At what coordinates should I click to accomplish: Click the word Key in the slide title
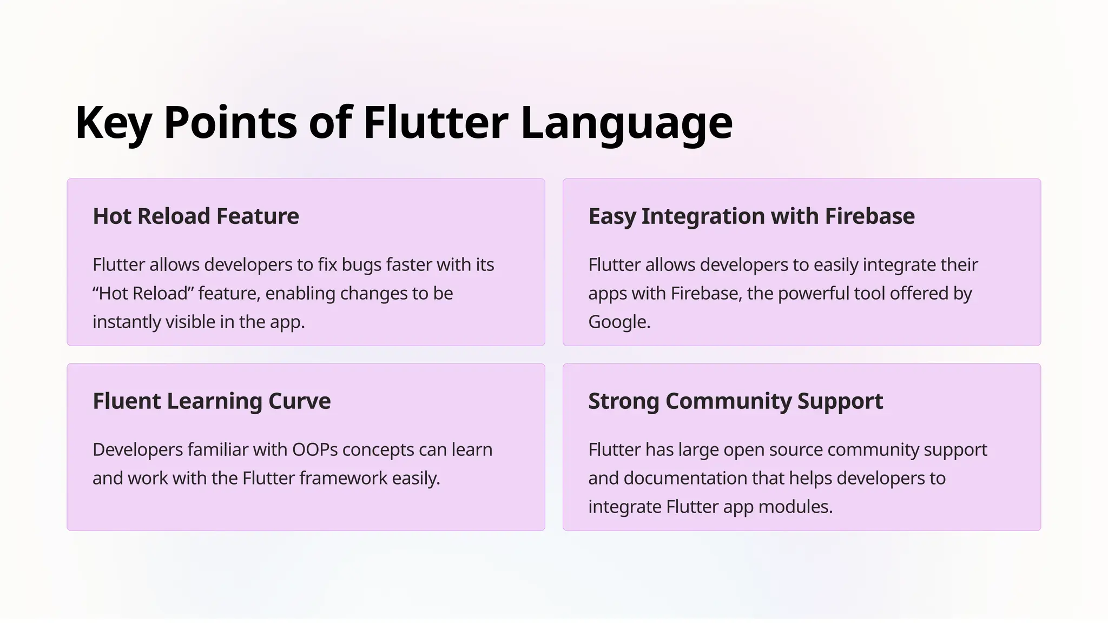click(113, 123)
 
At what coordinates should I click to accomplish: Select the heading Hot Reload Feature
click(196, 216)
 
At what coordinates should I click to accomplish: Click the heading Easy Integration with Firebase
click(751, 216)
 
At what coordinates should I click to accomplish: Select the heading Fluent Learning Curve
click(212, 401)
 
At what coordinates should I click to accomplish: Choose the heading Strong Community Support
click(735, 401)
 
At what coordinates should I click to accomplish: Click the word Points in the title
click(230, 123)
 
